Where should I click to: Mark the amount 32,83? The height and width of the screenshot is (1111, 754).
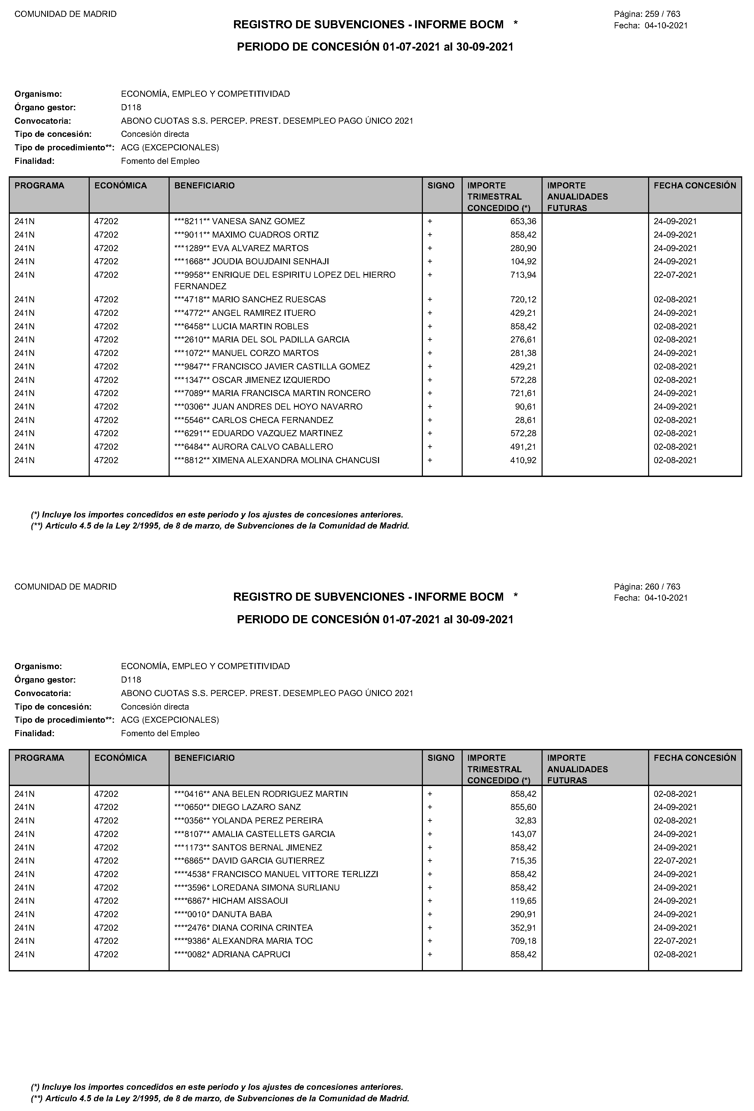[525, 820]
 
